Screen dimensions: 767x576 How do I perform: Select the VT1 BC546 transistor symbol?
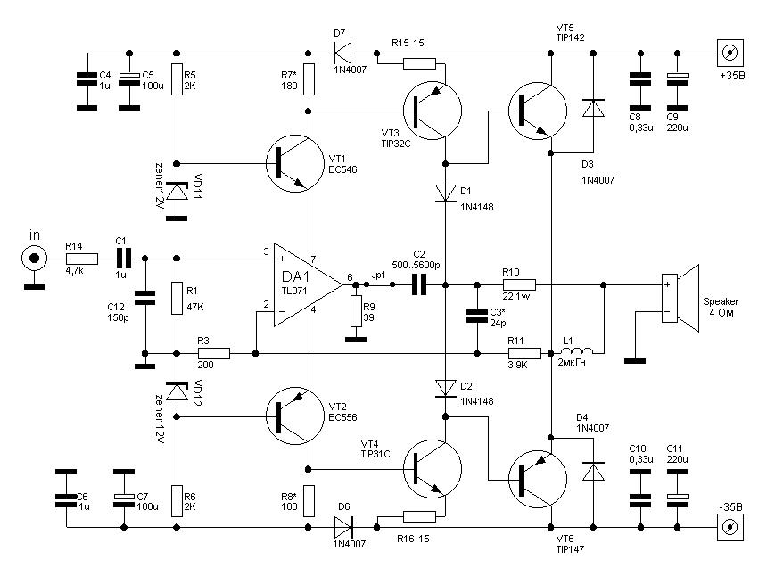(295, 163)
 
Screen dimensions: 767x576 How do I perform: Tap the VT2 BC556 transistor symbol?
(295, 416)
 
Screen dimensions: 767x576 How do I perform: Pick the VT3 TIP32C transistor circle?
(433, 111)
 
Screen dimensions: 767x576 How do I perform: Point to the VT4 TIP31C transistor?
(433, 468)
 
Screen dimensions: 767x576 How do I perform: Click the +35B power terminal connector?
(730, 53)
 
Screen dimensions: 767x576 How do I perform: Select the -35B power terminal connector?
(730, 527)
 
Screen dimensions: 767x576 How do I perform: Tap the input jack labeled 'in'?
(34, 258)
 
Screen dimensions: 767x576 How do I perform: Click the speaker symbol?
(680, 298)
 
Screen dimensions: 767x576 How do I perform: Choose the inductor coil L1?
(577, 351)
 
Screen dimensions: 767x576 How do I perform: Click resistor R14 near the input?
(82, 259)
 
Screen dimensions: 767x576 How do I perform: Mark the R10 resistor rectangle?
(519, 284)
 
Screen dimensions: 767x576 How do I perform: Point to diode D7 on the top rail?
(342, 53)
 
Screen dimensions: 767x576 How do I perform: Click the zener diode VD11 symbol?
(177, 191)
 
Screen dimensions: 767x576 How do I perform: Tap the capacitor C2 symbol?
(419, 284)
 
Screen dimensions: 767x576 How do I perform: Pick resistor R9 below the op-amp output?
(356, 311)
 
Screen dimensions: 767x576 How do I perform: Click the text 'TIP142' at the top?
(571, 37)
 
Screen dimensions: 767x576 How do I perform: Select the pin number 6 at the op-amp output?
(350, 276)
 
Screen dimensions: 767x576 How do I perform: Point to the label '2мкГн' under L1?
(572, 363)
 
